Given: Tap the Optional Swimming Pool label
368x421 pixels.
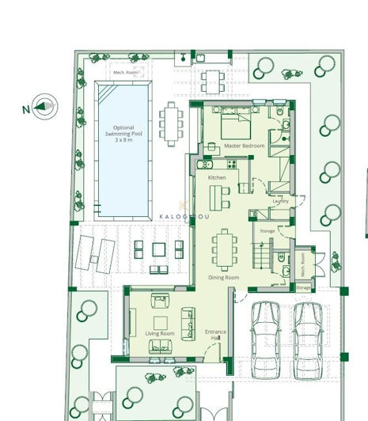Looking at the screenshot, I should click(123, 134).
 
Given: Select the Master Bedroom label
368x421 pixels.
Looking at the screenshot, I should click(244, 146).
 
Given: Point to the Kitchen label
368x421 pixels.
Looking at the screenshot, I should click(217, 178).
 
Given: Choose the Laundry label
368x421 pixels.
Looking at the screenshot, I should click(280, 202).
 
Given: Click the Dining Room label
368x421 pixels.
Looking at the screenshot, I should click(223, 278).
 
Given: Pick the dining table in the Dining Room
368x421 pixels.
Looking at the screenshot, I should click(224, 248).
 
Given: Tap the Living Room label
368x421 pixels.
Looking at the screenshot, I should click(160, 334).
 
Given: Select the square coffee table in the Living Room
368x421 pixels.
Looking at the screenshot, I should click(161, 321).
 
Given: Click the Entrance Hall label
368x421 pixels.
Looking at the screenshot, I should click(215, 335).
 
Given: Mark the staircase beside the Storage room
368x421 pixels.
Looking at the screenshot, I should click(262, 256).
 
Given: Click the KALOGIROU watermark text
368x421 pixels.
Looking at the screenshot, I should click(184, 216).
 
